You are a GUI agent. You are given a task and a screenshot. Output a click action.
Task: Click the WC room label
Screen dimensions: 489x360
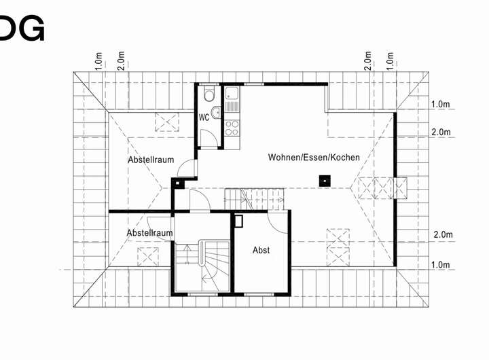[203, 117]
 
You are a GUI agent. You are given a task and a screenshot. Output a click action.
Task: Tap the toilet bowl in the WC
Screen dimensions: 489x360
[209, 95]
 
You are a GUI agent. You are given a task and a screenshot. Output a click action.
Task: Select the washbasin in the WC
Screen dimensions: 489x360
[215, 113]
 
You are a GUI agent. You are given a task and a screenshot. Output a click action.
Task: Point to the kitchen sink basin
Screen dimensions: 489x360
[232, 96]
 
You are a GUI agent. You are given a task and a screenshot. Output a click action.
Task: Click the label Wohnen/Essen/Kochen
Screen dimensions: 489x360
[314, 157]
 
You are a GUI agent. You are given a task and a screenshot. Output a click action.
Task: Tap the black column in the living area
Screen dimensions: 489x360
[325, 180]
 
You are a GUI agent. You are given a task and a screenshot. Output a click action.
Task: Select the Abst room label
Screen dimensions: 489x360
[261, 250]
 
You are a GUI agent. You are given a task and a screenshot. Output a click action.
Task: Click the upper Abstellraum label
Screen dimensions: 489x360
[151, 160]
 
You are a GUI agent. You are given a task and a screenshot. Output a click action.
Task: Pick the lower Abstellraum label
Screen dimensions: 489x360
[149, 233]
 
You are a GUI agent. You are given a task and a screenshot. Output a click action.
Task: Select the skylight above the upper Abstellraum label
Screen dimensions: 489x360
[166, 121]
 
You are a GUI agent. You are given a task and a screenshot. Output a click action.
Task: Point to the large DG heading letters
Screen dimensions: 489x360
[22, 28]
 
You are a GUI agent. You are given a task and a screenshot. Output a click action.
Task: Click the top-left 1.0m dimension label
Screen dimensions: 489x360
[98, 60]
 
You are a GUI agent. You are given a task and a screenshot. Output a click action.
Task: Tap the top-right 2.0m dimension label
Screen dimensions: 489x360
[367, 60]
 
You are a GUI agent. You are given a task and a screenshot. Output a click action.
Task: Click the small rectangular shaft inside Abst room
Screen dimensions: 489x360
[238, 220]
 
